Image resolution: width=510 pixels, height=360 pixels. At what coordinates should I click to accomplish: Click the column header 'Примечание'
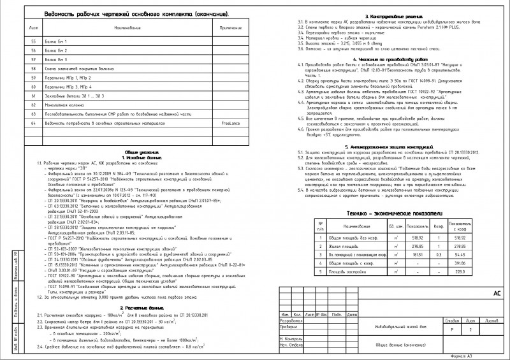pos(231,29)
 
